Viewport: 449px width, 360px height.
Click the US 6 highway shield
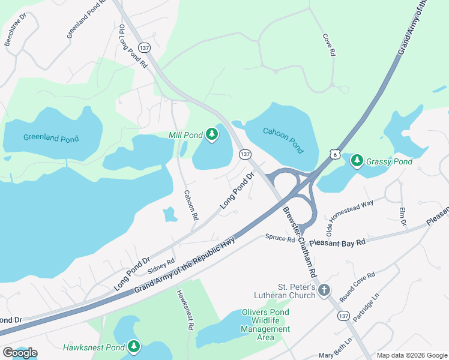(x=334, y=154)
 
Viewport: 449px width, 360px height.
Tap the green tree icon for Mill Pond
(x=211, y=135)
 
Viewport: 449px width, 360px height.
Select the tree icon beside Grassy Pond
(x=357, y=161)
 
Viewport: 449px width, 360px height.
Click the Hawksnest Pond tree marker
(x=133, y=347)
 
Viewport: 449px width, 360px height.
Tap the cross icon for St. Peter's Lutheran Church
(x=324, y=290)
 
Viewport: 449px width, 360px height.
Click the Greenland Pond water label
(x=51, y=138)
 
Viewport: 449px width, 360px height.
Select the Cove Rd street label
(x=328, y=44)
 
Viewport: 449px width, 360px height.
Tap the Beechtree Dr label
(x=16, y=31)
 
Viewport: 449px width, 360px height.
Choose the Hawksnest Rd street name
(x=184, y=310)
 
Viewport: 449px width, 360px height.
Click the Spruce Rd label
(x=280, y=239)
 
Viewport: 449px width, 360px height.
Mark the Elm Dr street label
(x=403, y=217)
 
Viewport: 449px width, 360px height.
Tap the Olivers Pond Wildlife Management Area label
(x=265, y=325)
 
